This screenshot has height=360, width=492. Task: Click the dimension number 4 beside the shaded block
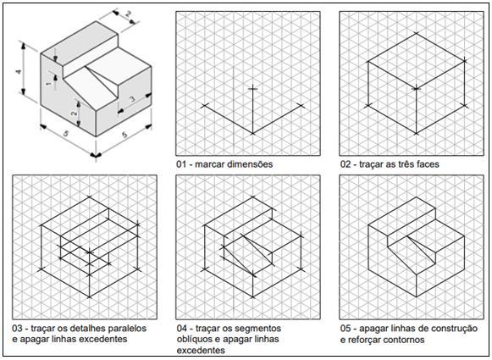19,72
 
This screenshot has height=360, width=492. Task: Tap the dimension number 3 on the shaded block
132,99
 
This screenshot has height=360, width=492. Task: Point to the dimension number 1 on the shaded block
48,84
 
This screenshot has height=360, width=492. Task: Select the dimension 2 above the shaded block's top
129,14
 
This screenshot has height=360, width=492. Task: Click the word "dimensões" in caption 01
250,164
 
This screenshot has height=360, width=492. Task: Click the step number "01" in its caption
181,164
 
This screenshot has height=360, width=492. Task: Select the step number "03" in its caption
17,329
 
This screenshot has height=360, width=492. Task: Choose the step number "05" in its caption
346,329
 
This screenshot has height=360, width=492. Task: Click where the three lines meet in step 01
252,133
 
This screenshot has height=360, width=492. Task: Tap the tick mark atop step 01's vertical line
252,89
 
